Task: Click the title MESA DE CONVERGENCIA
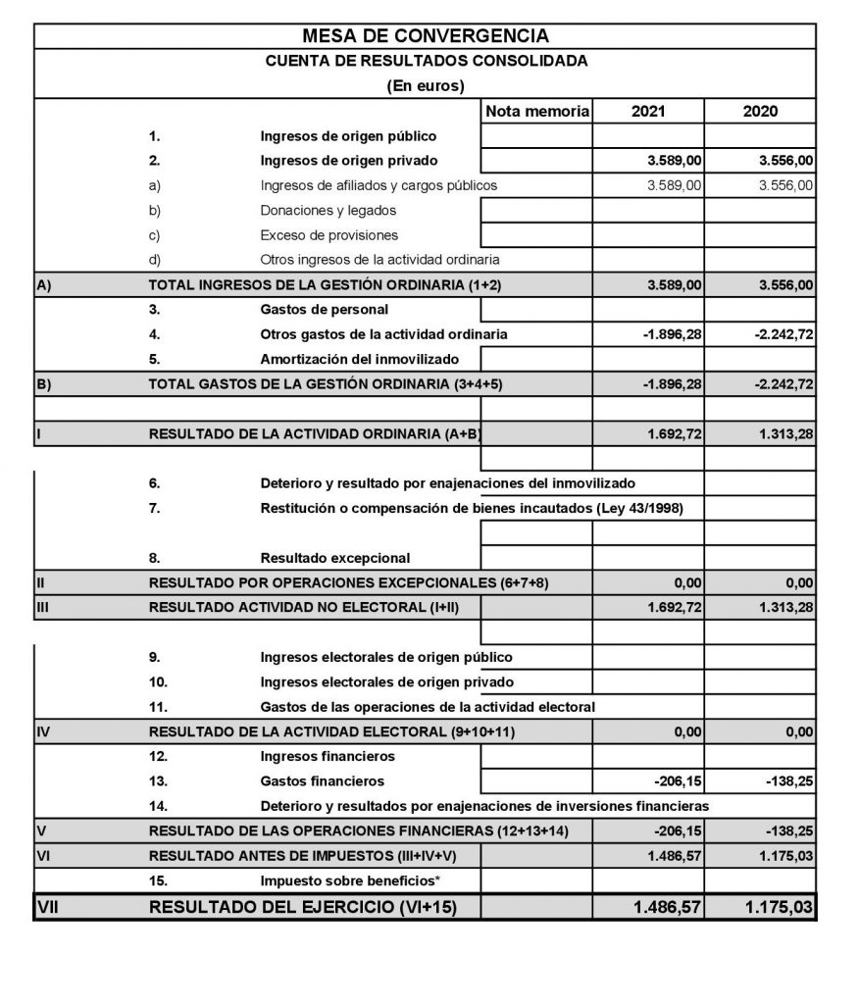point(426,36)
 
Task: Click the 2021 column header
point(648,112)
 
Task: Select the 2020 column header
point(760,112)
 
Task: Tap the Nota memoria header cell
point(537,112)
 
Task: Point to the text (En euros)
point(426,86)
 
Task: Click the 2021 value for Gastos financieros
point(676,781)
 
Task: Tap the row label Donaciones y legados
point(328,210)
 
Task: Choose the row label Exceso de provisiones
point(329,235)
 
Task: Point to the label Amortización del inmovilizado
point(359,359)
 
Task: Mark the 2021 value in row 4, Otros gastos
point(672,334)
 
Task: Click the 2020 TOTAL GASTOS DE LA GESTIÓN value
point(783,384)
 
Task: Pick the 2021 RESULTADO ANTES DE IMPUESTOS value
point(674,856)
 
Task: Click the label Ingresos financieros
point(328,757)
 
